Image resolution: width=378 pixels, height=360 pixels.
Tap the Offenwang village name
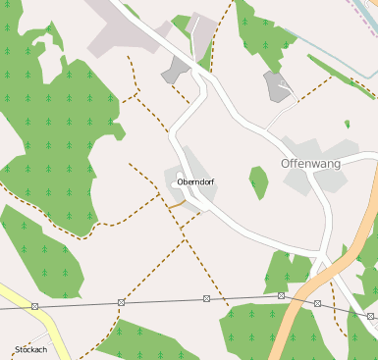(310, 163)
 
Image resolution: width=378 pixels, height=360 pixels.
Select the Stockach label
(30, 349)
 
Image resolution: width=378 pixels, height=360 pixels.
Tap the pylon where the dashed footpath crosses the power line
(121, 302)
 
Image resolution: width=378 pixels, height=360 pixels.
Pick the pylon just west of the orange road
(281, 295)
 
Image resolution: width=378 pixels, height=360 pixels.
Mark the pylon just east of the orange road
(317, 303)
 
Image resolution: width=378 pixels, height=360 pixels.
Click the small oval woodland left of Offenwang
(258, 181)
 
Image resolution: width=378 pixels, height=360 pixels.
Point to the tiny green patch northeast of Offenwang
(347, 125)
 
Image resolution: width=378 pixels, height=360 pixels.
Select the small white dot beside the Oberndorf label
(178, 182)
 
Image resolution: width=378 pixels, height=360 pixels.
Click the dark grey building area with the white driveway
(277, 84)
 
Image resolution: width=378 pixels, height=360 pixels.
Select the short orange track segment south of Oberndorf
(177, 205)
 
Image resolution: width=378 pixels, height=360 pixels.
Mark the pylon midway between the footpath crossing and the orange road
(206, 298)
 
